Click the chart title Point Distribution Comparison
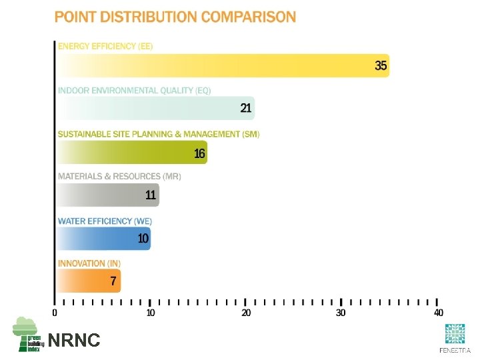[x=175, y=17]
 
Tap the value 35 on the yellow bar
[x=381, y=65]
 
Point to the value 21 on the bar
[x=246, y=108]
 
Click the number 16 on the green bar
[x=199, y=153]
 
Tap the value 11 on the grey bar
[x=151, y=195]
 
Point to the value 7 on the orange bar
[x=113, y=281]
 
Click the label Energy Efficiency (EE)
[x=105, y=46]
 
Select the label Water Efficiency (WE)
[x=105, y=221]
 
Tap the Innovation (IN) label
[x=89, y=264]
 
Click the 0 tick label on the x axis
[x=55, y=313]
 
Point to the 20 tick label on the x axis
[x=246, y=313]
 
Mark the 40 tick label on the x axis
[x=438, y=313]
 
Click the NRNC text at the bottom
[x=74, y=341]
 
